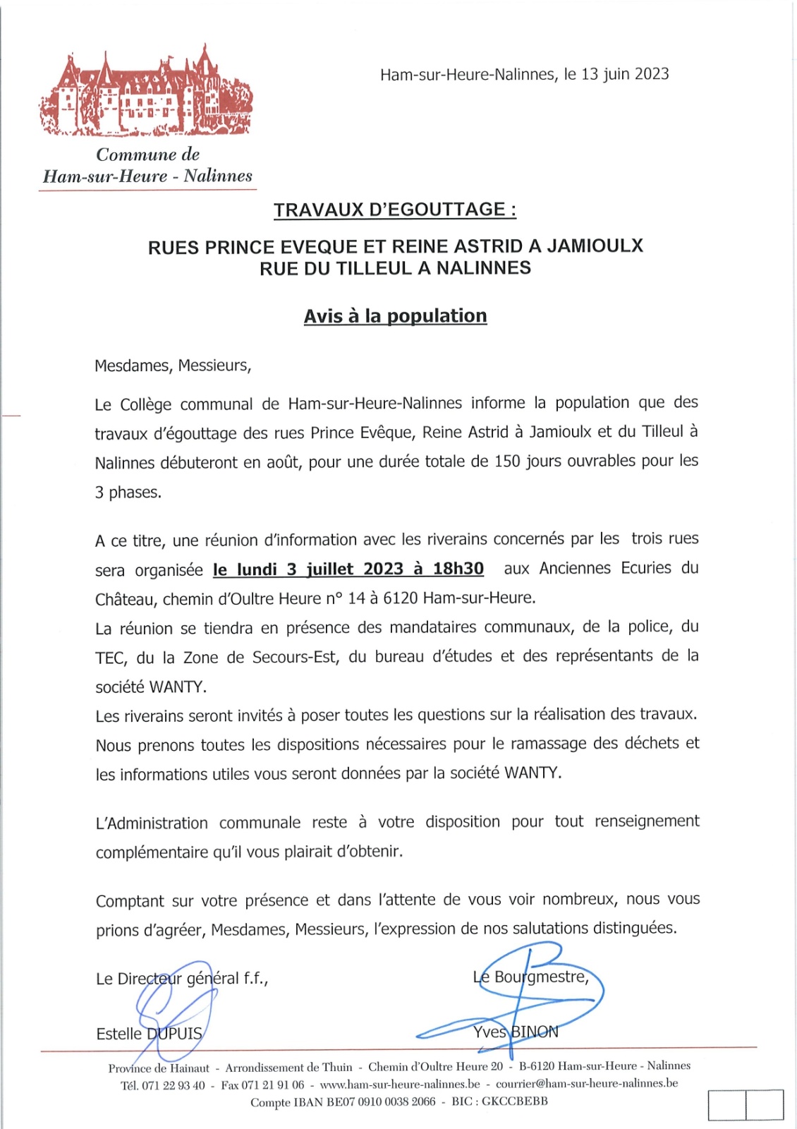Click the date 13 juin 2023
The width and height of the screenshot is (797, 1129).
coord(625,74)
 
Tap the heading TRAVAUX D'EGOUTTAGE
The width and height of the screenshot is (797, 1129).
coord(395,210)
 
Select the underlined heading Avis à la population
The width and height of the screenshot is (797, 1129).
coord(395,315)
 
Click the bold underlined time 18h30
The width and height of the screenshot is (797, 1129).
coord(458,569)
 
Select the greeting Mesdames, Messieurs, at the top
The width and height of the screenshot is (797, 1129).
coord(173,366)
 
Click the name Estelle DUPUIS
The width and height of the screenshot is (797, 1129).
coord(149,1034)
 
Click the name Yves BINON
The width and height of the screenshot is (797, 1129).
coord(516,1032)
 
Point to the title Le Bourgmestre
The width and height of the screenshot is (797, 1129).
coord(530,977)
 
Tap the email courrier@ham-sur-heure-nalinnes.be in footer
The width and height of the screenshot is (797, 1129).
coord(587,1083)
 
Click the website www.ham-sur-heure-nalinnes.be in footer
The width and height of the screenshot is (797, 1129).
coord(400,1084)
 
